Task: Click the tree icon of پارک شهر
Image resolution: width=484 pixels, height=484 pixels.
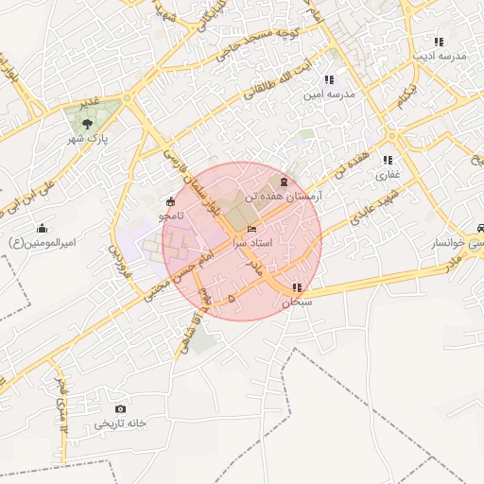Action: [88, 122]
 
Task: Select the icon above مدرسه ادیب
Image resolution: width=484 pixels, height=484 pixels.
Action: [439, 42]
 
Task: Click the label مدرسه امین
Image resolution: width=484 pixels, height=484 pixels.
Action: [328, 95]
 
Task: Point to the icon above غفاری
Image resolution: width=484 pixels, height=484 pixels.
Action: [388, 160]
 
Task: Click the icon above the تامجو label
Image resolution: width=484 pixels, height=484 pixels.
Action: [170, 201]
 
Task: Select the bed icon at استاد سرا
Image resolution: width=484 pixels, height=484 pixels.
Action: [251, 229]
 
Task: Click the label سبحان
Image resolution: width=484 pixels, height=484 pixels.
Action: [297, 302]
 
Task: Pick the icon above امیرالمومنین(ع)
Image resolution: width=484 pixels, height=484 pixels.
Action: [42, 229]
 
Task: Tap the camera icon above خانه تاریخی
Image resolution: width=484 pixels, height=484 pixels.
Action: [120, 408]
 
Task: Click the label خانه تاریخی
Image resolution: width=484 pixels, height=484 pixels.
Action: [121, 424]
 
